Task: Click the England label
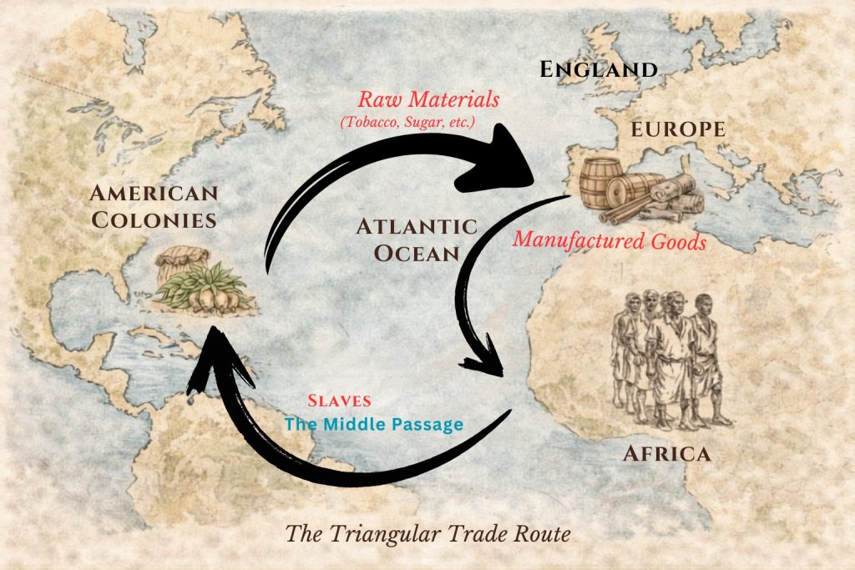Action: pyautogui.click(x=599, y=69)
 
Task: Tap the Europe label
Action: pyautogui.click(x=677, y=130)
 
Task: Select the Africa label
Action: pyautogui.click(x=666, y=454)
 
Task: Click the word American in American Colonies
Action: pyautogui.click(x=154, y=194)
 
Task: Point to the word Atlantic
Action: pyautogui.click(x=417, y=226)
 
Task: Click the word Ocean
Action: pyautogui.click(x=417, y=253)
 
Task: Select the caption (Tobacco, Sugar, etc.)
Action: pyautogui.click(x=406, y=123)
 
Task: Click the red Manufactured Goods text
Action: pyautogui.click(x=610, y=240)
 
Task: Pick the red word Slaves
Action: pyautogui.click(x=339, y=401)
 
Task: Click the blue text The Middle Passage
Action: pyautogui.click(x=373, y=425)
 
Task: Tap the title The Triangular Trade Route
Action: pyautogui.click(x=428, y=533)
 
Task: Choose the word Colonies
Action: pyautogui.click(x=154, y=220)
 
